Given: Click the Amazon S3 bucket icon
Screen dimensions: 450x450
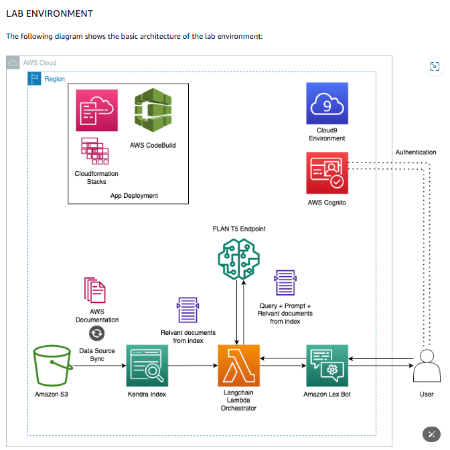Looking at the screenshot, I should click(53, 366).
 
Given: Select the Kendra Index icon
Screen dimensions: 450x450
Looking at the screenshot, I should click(147, 366).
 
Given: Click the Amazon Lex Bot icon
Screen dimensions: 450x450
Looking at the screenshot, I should click(327, 366).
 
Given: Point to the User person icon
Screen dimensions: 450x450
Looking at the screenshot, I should click(427, 366).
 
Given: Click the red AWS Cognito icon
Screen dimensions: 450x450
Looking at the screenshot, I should click(327, 173).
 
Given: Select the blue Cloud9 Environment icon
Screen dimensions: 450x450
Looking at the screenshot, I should click(327, 103).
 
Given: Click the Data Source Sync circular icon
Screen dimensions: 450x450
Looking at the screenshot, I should click(96, 333).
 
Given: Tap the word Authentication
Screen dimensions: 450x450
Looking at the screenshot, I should click(415, 152).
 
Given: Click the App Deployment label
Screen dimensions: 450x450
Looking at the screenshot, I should click(134, 196).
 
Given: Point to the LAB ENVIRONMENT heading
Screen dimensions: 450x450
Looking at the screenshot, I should click(50, 13).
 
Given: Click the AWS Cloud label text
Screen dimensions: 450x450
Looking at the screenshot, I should click(40, 63).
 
